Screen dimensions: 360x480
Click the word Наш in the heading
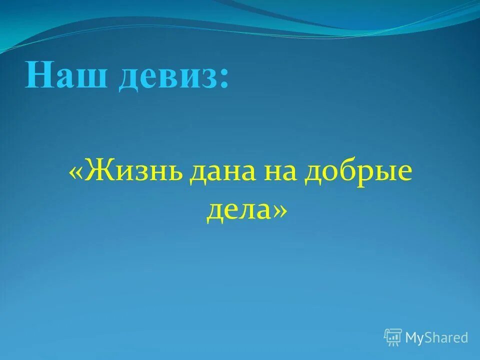(x=66, y=76)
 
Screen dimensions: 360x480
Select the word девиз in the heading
(x=167, y=76)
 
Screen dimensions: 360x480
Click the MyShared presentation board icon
(x=393, y=337)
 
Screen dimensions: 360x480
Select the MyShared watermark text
(x=436, y=338)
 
